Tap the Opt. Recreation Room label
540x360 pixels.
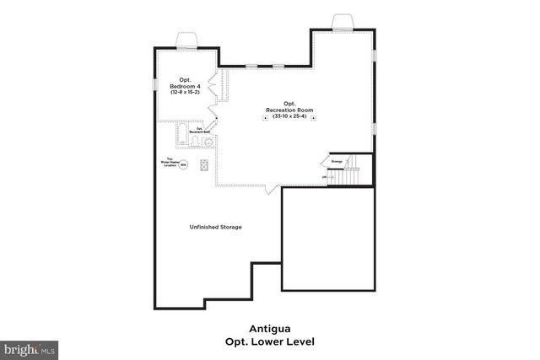pos(289,107)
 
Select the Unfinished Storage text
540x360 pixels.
pos(215,228)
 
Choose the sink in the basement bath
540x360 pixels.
pos(208,142)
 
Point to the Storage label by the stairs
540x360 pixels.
pos(337,161)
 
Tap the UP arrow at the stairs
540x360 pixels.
pos(328,177)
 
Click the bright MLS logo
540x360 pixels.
pos(30,348)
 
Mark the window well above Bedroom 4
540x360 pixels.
pos(186,40)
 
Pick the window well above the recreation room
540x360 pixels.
pos(343,21)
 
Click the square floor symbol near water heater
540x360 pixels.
pos(204,166)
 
